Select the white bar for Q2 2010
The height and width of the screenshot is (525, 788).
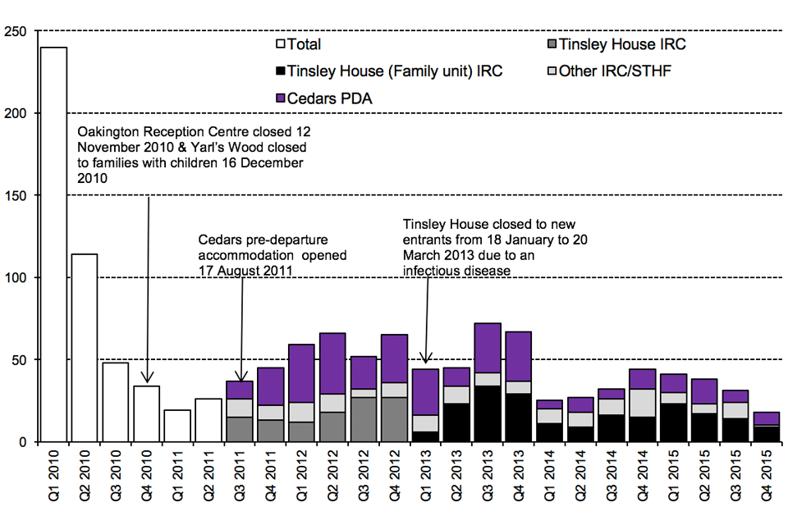[85, 348]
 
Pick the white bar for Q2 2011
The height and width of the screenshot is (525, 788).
[208, 420]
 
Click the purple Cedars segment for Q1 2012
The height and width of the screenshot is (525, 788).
[302, 373]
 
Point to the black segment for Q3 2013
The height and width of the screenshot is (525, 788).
[488, 413]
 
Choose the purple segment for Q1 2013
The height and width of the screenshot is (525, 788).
[426, 392]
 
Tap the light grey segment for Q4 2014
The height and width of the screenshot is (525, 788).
[644, 403]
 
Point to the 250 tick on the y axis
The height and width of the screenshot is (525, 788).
[16, 31]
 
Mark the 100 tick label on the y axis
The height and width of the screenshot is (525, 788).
[16, 278]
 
